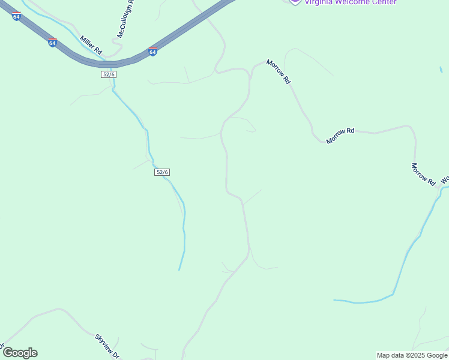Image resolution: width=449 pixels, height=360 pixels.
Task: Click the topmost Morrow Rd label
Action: (x=279, y=71)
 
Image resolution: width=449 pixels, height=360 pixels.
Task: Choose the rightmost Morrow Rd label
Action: (x=423, y=174)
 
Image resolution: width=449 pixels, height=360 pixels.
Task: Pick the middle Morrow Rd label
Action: (x=340, y=136)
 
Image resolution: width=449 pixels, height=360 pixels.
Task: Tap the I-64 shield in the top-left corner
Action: (x=16, y=16)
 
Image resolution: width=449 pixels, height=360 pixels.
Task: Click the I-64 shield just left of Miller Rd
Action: (x=53, y=43)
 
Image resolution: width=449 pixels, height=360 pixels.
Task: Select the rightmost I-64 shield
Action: (x=152, y=52)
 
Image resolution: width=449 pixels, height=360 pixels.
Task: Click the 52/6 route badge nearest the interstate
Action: (x=108, y=74)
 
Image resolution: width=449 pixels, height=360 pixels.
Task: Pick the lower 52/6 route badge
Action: (x=162, y=172)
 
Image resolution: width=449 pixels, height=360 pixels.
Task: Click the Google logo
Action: (x=20, y=353)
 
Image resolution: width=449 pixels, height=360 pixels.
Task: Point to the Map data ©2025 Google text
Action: (x=412, y=355)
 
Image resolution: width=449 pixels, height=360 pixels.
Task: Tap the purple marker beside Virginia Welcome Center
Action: (x=295, y=2)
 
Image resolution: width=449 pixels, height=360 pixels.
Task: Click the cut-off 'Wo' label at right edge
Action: (x=445, y=179)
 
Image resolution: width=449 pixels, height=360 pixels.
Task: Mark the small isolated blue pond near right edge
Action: (x=441, y=70)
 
